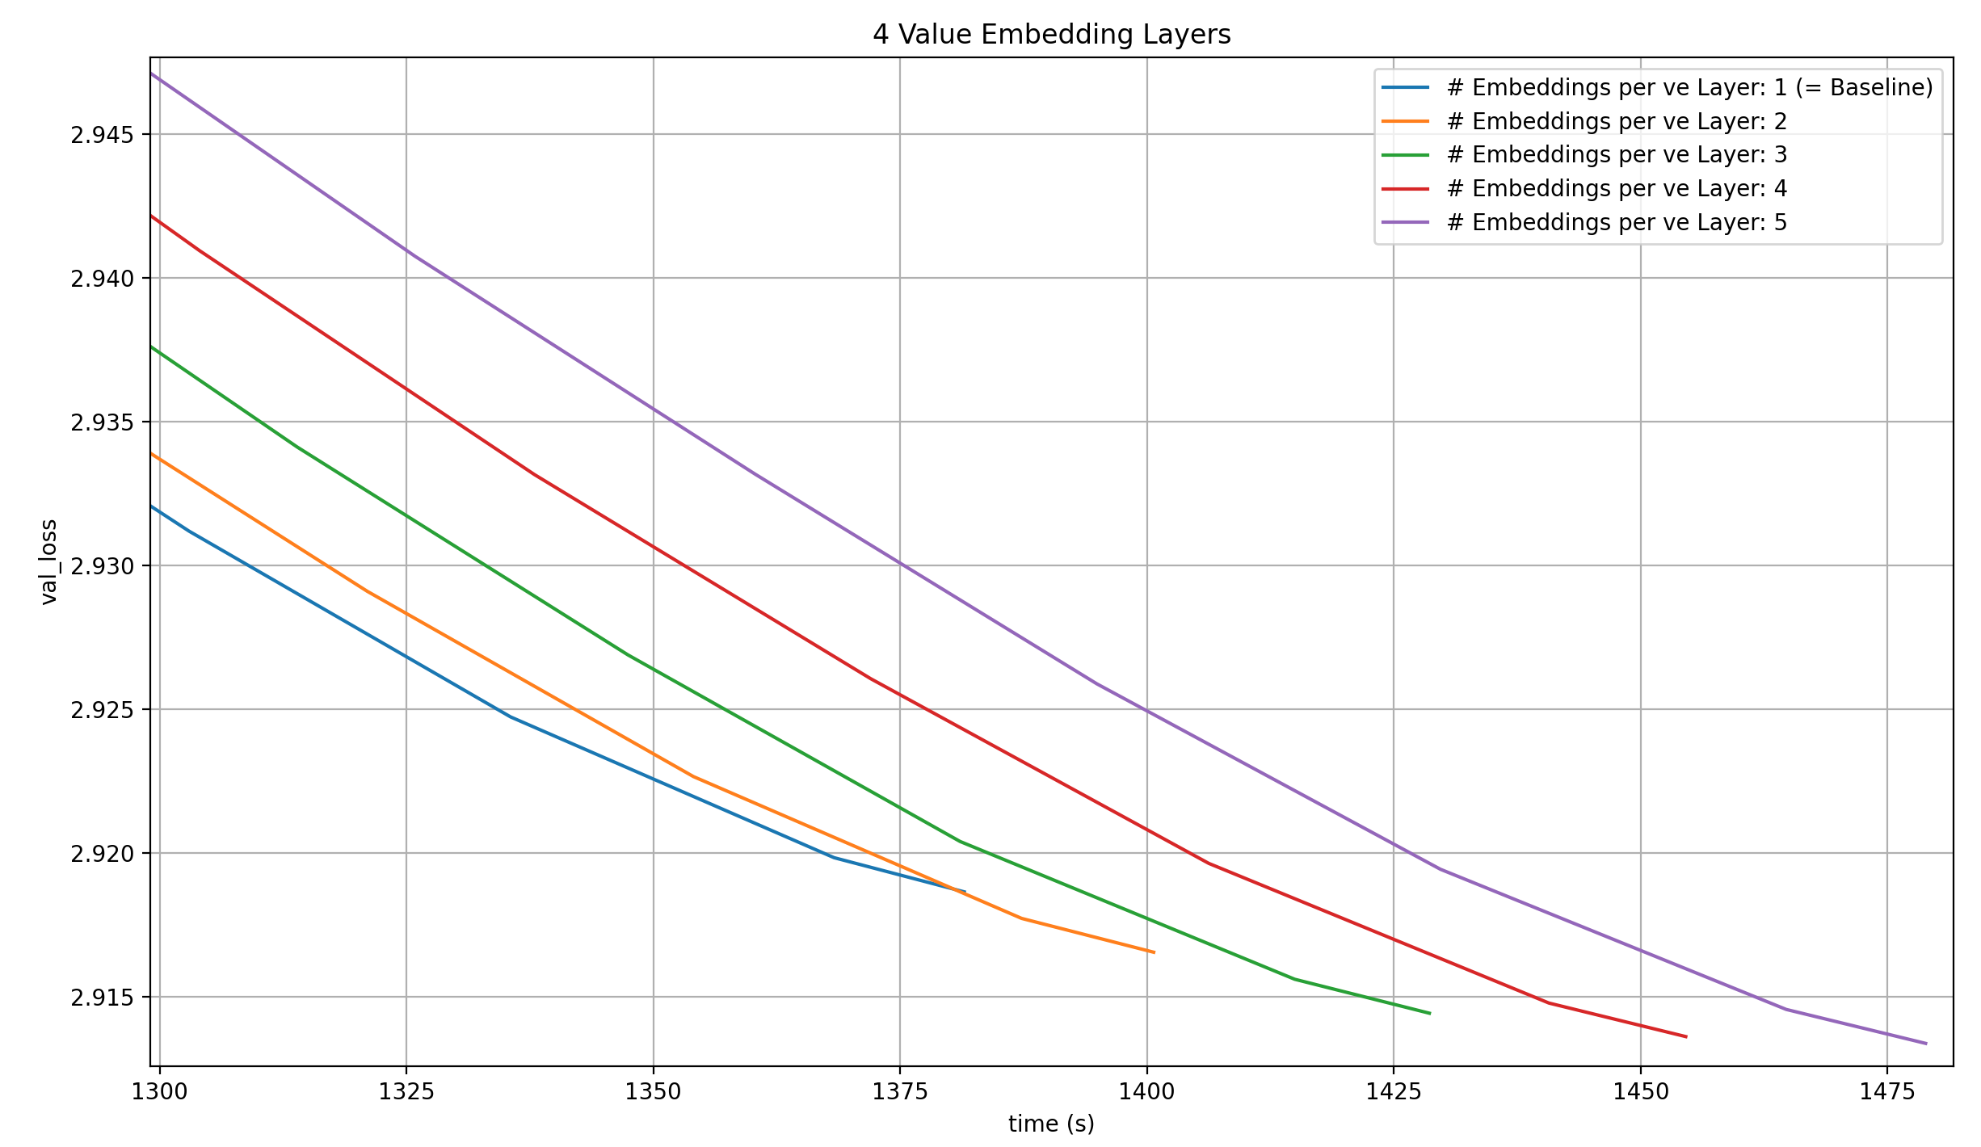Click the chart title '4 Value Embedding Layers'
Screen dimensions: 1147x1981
point(1051,35)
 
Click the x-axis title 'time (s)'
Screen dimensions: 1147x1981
point(1051,1124)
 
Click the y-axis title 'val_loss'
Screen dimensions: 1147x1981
point(50,561)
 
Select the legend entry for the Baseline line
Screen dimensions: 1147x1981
point(1689,87)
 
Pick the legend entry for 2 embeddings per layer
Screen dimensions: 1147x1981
point(1617,121)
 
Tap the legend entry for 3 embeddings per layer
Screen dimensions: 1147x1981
point(1617,154)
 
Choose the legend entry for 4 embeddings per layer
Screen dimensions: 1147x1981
point(1617,188)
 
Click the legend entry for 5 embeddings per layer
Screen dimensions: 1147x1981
point(1617,222)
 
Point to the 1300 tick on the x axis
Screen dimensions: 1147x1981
point(159,1092)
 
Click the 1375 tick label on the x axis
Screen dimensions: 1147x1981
point(900,1092)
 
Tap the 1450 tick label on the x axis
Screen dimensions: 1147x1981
point(1640,1092)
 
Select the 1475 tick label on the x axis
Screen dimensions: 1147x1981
point(1887,1092)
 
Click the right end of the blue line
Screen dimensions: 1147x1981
point(965,892)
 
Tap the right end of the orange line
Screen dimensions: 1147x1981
point(1154,952)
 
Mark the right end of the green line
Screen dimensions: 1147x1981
point(1430,1014)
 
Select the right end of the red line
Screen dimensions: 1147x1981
point(1686,1036)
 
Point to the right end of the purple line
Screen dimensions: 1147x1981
point(1926,1044)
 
